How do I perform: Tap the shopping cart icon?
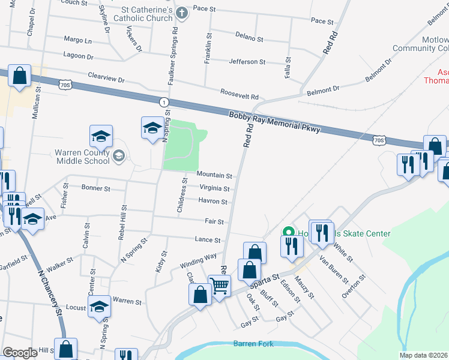click(220, 286)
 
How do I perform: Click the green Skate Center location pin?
click(288, 233)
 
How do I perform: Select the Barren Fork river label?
click(253, 344)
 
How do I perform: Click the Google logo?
click(19, 353)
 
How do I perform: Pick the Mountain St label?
click(214, 176)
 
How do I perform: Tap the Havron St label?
click(213, 202)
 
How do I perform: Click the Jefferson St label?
click(247, 62)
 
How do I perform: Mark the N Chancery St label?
click(50, 291)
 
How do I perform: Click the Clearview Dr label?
click(106, 79)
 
